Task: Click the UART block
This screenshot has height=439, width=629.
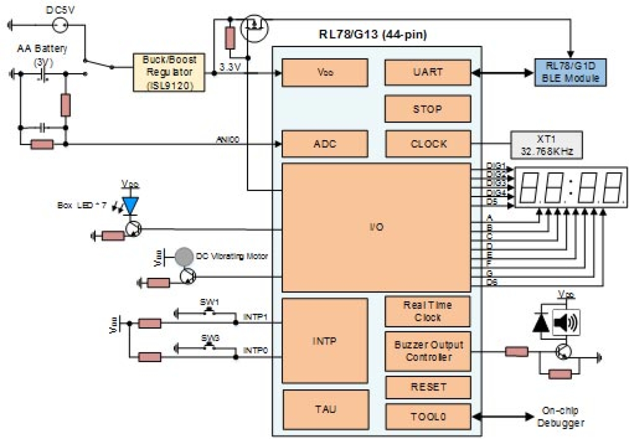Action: [x=428, y=72]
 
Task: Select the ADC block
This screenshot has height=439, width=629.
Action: [x=325, y=144]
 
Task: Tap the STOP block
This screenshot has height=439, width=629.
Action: [x=428, y=109]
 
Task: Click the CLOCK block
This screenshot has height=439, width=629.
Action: [x=428, y=144]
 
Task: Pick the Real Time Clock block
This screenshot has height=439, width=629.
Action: [x=428, y=311]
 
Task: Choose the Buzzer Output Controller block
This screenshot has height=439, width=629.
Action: [x=428, y=351]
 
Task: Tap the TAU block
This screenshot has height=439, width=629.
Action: [x=325, y=409]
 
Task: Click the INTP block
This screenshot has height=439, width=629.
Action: [x=325, y=341]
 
